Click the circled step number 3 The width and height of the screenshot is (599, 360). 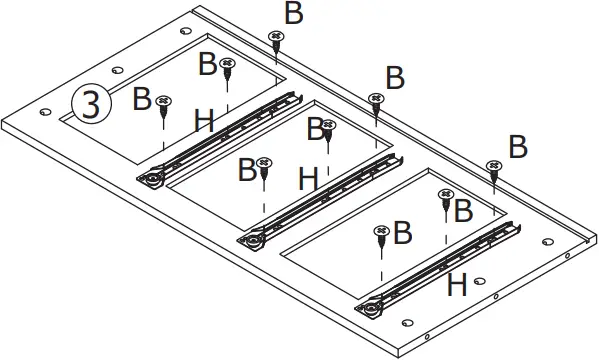click(90, 104)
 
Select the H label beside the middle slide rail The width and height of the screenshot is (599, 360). click(309, 180)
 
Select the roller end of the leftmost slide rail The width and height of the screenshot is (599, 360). click(151, 179)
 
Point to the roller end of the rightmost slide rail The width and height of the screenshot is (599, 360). click(371, 307)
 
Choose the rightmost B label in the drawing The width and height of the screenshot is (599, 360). click(517, 146)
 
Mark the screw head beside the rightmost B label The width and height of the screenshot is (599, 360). click(493, 165)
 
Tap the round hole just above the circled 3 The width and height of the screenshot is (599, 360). click(118, 72)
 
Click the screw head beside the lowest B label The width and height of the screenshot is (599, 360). click(381, 232)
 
